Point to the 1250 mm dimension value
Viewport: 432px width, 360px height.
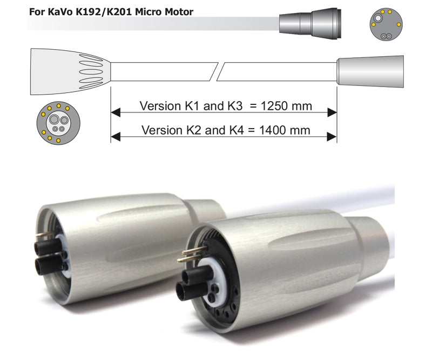[286, 105]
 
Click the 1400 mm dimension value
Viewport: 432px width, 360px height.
[285, 130]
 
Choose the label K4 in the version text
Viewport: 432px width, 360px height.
[237, 130]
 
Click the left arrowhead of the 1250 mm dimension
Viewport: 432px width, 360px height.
[115, 112]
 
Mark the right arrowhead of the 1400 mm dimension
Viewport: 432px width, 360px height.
[332, 137]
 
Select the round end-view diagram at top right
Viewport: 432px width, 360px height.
[386, 24]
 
